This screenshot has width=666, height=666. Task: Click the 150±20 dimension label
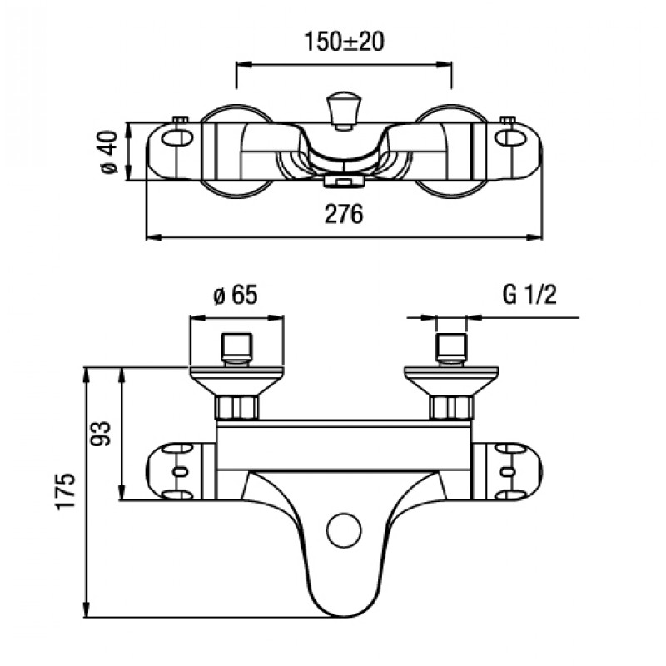pos(344,42)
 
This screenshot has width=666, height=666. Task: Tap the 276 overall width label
pos(344,214)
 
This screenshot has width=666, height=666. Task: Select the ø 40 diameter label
pos(109,152)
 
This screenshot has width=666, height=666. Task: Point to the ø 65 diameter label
pos(236,295)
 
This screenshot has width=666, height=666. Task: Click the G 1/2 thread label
pos(529,295)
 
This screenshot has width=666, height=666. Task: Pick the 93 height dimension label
pos(101,433)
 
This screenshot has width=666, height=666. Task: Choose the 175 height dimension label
pos(66,490)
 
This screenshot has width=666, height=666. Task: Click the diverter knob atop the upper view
pos(344,110)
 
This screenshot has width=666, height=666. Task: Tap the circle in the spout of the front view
pos(344,530)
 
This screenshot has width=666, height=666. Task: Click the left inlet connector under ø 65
pos(236,349)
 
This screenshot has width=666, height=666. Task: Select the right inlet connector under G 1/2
pos(452,349)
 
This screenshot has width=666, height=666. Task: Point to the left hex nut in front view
pos(236,408)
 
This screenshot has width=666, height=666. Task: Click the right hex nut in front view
pos(451,408)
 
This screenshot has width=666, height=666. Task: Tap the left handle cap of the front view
pos(174,471)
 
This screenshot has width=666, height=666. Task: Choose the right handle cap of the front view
pos(514,471)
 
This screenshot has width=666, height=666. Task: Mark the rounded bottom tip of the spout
pos(344,616)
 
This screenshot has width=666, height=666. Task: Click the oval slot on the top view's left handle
pos(177,137)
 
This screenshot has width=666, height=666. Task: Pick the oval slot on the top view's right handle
pos(510,137)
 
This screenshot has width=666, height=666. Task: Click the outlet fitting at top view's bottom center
pos(344,182)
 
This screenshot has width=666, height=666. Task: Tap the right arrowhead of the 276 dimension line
pos(534,237)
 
